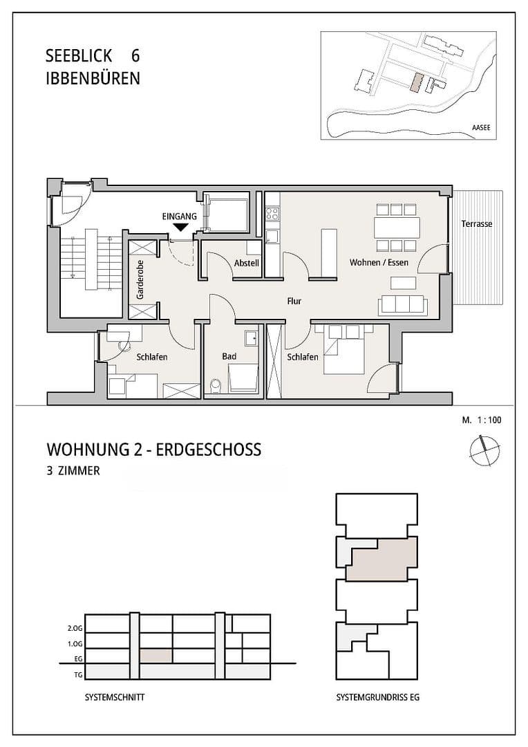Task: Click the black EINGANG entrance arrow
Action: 181,227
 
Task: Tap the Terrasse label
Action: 477,224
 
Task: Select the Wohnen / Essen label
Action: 378,264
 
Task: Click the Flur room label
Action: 295,301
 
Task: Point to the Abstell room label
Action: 246,264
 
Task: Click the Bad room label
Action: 229,357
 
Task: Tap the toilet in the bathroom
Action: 215,385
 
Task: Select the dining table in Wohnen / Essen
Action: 396,227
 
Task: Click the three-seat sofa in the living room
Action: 402,304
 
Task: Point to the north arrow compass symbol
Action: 482,450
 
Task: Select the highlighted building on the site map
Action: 415,83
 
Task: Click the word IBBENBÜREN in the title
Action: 93,78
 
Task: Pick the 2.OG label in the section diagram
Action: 73,629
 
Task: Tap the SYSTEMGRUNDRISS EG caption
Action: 377,698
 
